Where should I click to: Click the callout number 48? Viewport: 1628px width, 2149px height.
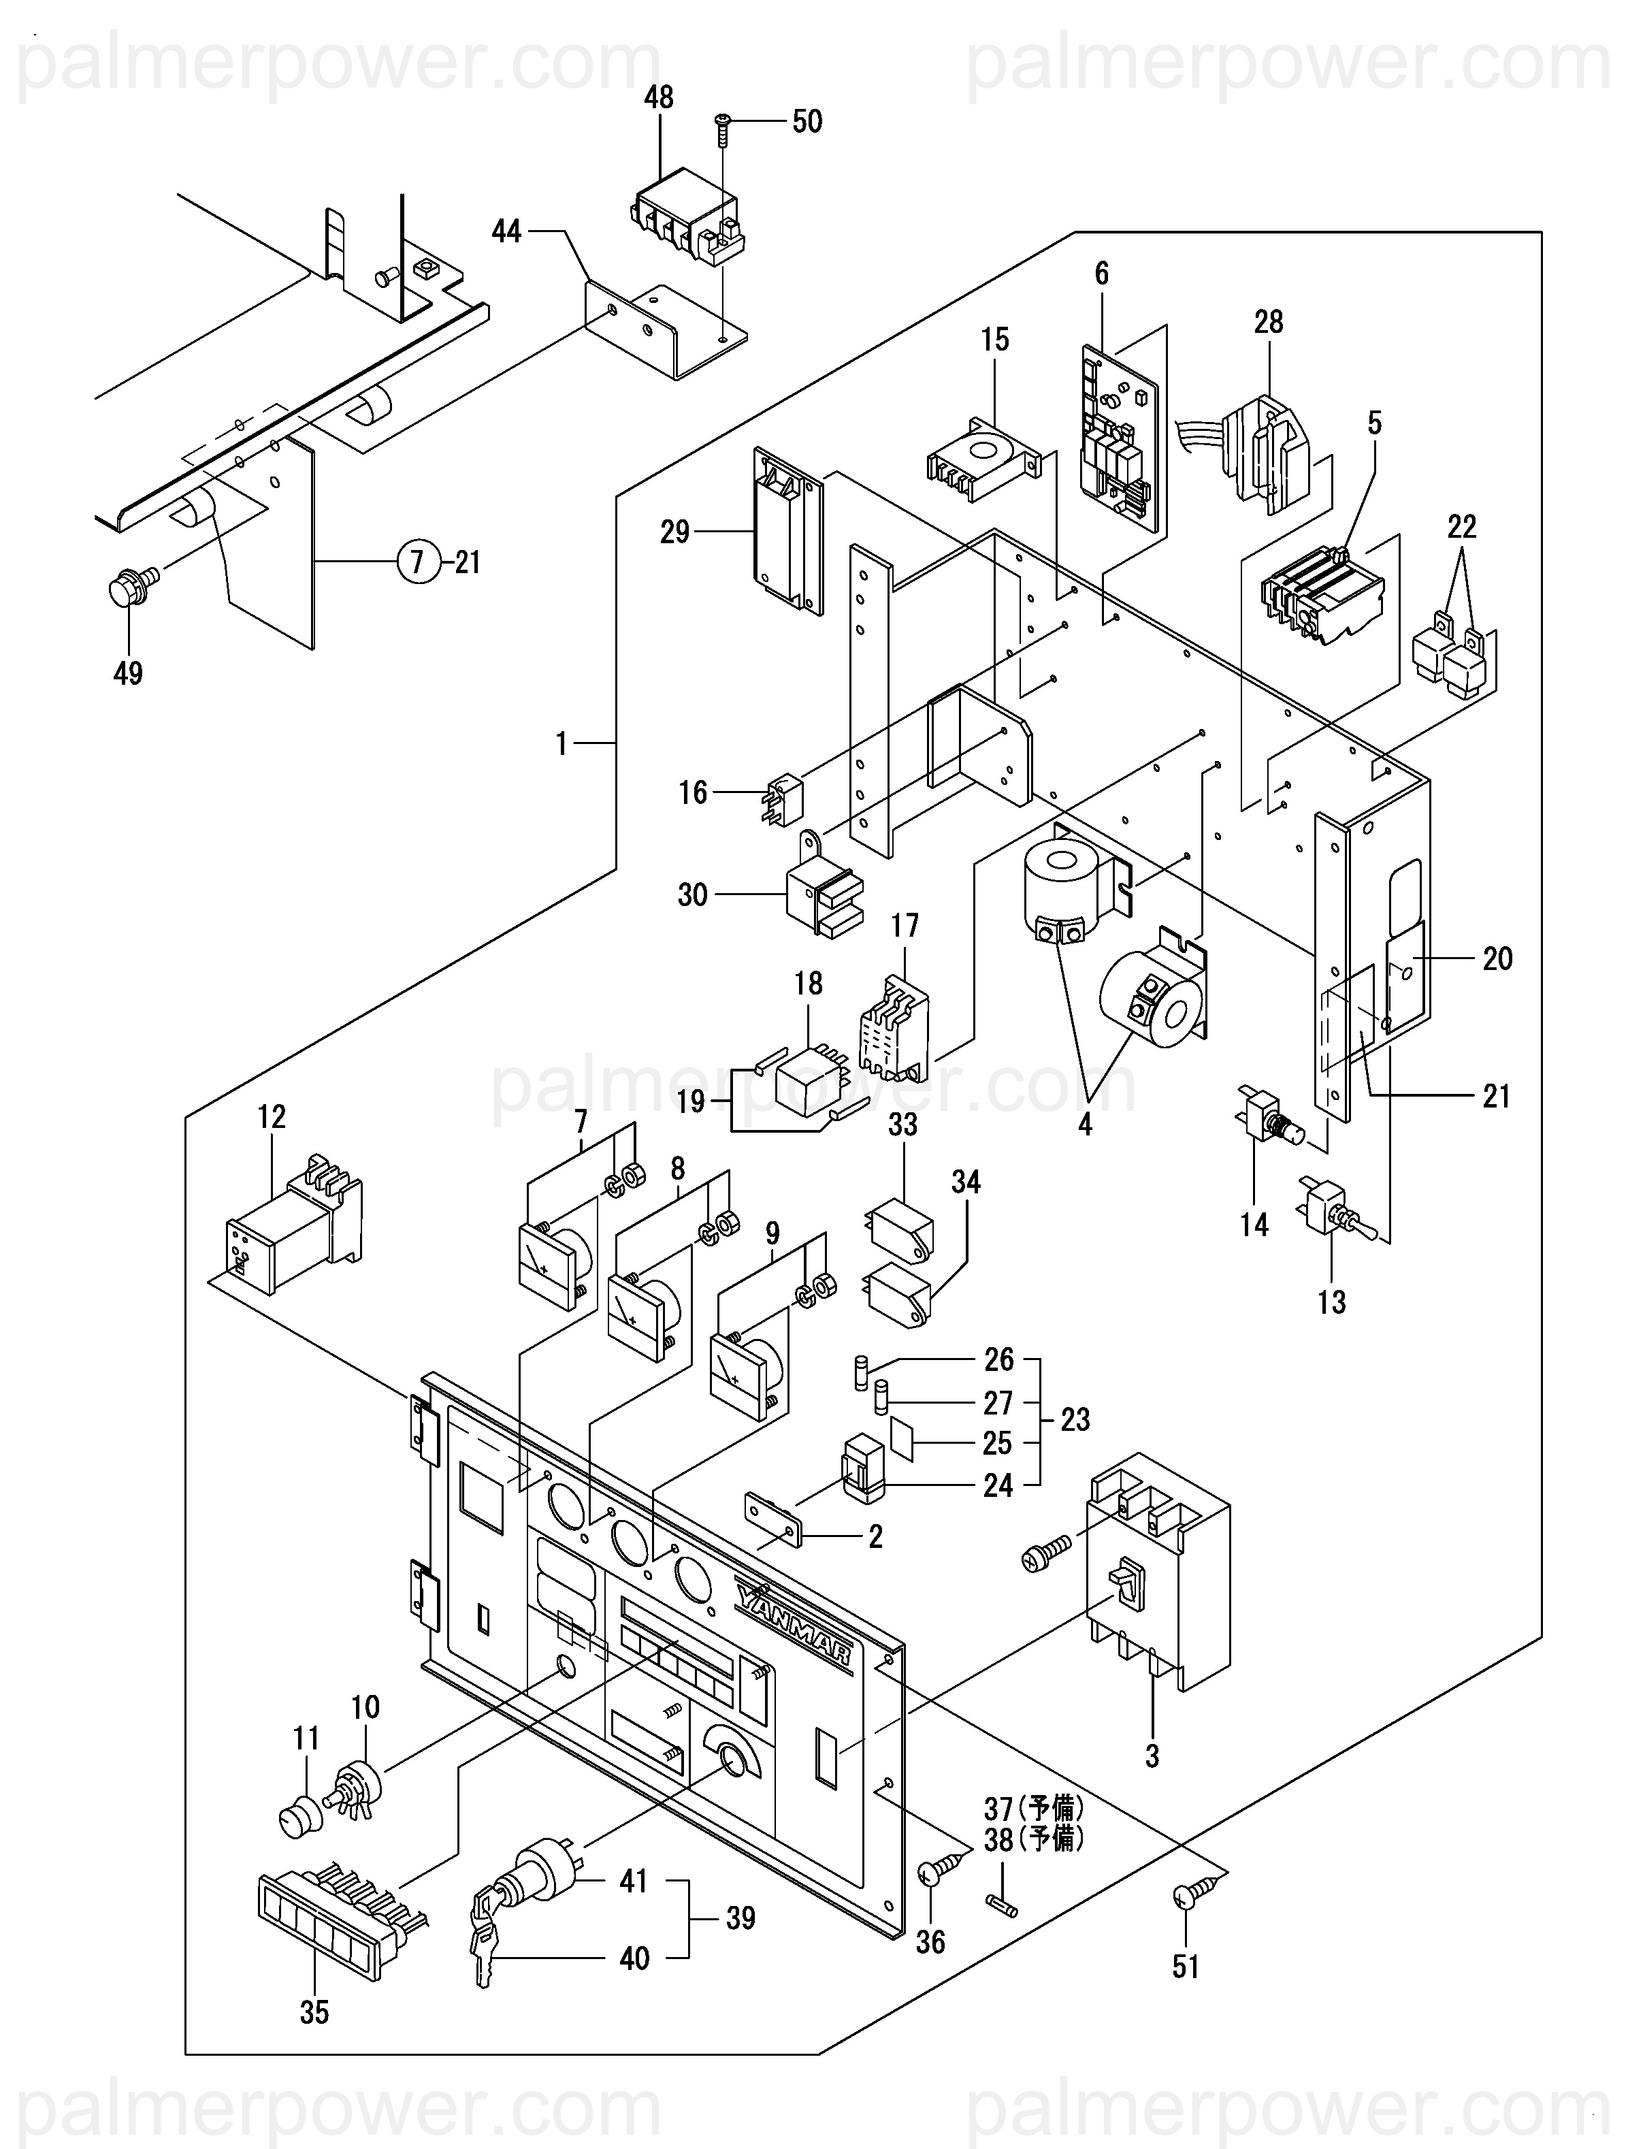[x=659, y=98]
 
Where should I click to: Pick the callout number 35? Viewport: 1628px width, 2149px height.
[x=314, y=2012]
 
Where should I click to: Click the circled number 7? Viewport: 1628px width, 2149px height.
[x=418, y=562]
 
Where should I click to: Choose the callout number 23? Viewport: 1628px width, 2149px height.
[x=1075, y=1421]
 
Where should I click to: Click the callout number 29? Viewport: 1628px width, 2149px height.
[x=674, y=532]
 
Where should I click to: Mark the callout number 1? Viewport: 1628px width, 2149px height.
[x=560, y=743]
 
